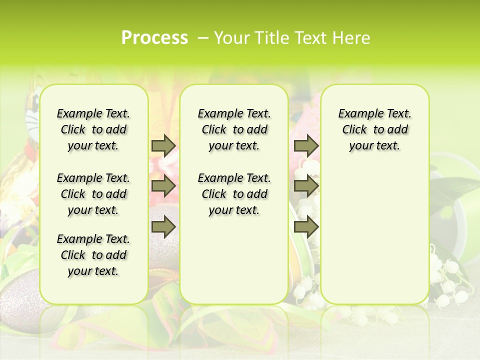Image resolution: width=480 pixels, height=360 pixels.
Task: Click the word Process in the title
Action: (x=154, y=37)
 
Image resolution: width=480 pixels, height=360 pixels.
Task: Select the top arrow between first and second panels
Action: (x=163, y=145)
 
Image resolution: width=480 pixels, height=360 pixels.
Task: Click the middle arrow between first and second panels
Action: (x=163, y=186)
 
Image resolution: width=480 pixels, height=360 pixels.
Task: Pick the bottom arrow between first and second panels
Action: (x=163, y=227)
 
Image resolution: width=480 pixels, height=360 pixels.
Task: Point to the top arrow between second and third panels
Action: (x=306, y=145)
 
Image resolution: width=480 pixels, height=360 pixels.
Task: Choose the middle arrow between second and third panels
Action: (x=306, y=186)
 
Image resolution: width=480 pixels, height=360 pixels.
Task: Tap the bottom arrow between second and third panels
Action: (x=306, y=227)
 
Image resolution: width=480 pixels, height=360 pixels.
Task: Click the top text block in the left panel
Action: (x=93, y=129)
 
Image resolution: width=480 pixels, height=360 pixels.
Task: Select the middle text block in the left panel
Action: (x=93, y=194)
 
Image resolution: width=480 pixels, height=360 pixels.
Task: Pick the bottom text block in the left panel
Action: (x=93, y=255)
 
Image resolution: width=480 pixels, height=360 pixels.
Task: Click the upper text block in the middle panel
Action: (x=234, y=129)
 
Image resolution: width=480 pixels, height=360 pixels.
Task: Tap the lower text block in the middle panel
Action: (x=234, y=194)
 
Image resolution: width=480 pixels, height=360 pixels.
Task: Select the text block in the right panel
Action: (x=374, y=129)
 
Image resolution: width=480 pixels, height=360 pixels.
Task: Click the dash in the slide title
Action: (x=203, y=37)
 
